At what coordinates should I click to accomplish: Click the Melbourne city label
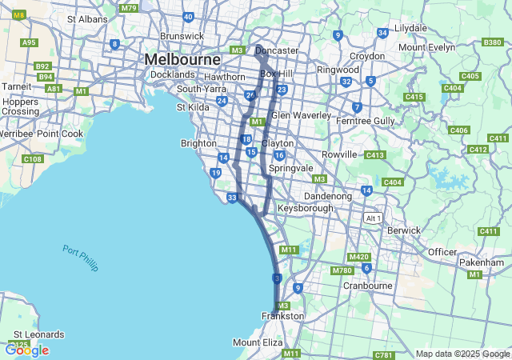click(182, 60)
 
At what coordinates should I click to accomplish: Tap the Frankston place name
click(282, 316)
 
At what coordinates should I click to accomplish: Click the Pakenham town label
click(482, 262)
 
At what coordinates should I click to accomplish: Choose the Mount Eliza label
click(258, 342)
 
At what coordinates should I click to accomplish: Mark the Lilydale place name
click(410, 27)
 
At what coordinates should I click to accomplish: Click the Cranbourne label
click(367, 285)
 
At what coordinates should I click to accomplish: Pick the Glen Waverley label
click(301, 115)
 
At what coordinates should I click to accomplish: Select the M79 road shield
click(128, 8)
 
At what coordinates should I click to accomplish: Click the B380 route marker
click(493, 42)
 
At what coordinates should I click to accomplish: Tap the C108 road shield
click(32, 159)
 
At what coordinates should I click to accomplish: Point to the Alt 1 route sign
click(372, 218)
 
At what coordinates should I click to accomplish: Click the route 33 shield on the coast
click(232, 198)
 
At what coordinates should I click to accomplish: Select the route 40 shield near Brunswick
click(188, 16)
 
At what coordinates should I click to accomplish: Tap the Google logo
click(26, 350)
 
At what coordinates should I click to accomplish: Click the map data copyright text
click(462, 354)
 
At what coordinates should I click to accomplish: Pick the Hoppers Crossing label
click(20, 106)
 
